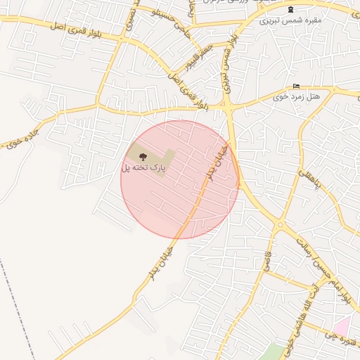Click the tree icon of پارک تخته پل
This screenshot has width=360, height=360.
(143, 157)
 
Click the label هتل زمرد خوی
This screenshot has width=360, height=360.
(296, 96)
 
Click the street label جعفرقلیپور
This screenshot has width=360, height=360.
(185, 64)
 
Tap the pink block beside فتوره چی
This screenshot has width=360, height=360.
(342, 326)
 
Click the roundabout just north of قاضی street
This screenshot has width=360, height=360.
(280, 226)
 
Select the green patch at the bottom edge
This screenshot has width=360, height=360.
(275, 352)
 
